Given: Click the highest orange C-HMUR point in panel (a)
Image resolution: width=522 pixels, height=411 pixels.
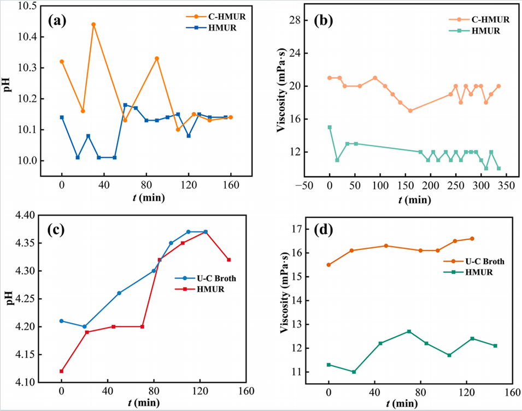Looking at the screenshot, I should tap(93, 24).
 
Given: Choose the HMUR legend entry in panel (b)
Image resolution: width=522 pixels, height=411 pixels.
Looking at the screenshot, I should tap(481, 31).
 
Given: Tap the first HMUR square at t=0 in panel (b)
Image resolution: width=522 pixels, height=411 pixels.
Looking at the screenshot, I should tap(330, 127).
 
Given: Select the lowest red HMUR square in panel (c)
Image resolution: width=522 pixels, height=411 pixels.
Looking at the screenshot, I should tap(62, 371).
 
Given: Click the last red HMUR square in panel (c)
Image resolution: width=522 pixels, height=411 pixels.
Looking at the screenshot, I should tap(228, 260).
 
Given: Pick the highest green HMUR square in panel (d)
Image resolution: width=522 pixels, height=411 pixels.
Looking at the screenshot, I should tap(409, 331).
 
